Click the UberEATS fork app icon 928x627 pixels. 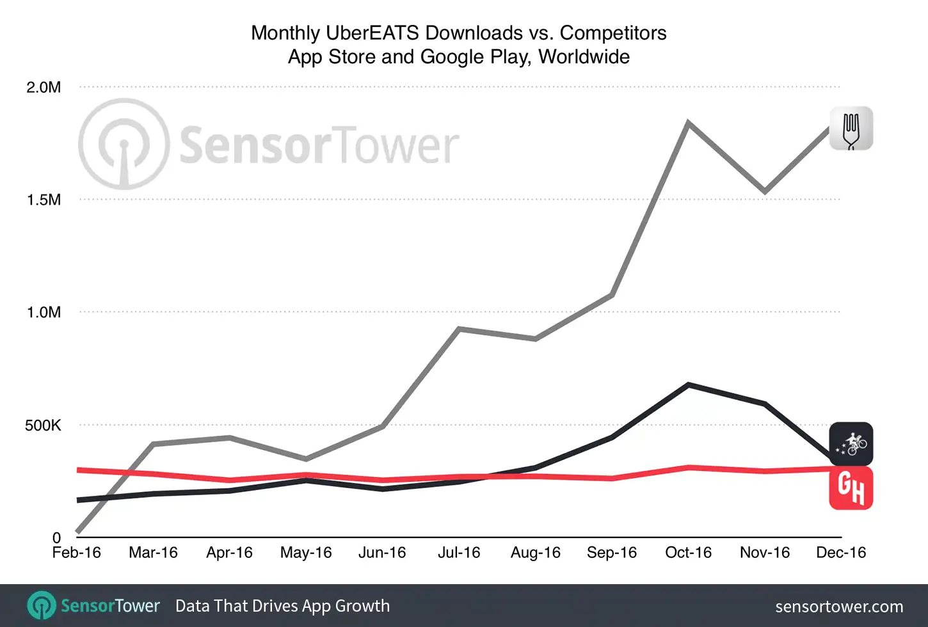click(x=851, y=129)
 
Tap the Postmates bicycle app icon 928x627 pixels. click(x=851, y=443)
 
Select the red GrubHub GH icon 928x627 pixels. click(x=851, y=488)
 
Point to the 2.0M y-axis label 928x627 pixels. click(x=44, y=88)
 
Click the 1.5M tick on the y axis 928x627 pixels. click(x=44, y=200)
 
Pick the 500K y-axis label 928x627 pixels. click(x=43, y=425)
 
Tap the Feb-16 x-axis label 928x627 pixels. click(x=76, y=552)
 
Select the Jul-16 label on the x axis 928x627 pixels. click(x=459, y=552)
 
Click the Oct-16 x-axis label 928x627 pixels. click(x=688, y=552)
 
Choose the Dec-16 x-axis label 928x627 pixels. click(x=841, y=552)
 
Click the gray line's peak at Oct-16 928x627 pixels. click(x=688, y=122)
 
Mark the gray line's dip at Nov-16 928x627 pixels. click(x=765, y=191)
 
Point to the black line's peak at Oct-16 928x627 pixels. click(x=688, y=385)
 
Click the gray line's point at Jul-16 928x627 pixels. click(x=459, y=329)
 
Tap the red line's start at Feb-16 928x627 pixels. click(x=78, y=470)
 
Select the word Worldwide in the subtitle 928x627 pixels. click(x=584, y=57)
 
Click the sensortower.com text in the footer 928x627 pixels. click(x=838, y=607)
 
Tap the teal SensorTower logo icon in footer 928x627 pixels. click(x=42, y=605)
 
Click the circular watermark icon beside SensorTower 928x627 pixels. click(x=124, y=144)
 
